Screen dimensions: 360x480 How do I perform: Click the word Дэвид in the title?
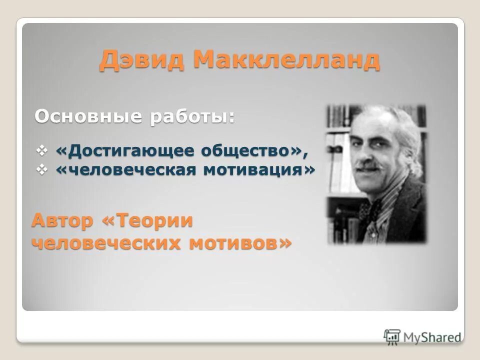(140, 61)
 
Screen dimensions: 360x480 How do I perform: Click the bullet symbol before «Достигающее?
(43, 149)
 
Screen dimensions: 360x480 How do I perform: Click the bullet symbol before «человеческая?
(43, 170)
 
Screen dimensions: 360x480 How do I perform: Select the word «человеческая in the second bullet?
(127, 170)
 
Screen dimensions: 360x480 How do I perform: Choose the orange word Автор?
(62, 220)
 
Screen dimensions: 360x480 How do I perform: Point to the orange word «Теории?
(147, 220)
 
